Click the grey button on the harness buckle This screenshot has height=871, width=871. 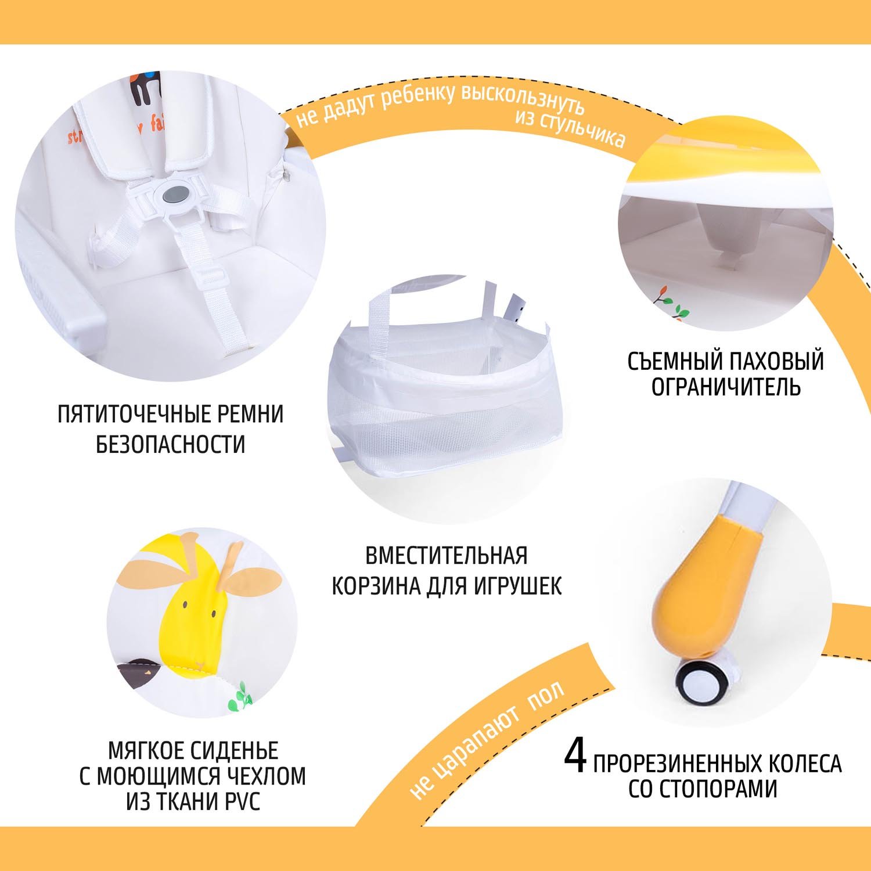click(175, 196)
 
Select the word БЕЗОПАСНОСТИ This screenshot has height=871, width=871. click(171, 444)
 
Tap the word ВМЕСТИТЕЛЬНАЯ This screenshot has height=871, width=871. click(446, 556)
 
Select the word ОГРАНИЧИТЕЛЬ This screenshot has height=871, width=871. click(726, 386)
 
